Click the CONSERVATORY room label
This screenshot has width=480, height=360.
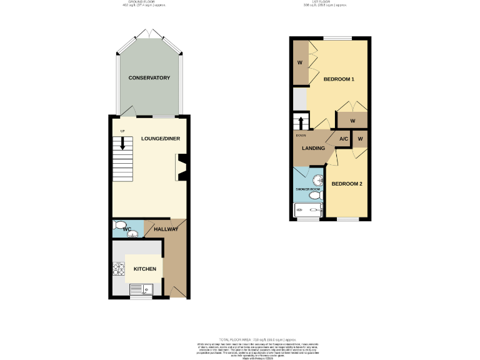pos(149,78)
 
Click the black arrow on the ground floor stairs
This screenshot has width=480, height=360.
pos(123,142)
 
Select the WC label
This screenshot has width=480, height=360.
pos(127,230)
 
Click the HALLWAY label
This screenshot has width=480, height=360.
pos(166,229)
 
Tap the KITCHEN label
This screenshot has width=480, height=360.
pos(144,269)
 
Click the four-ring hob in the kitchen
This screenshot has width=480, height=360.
pos(118,269)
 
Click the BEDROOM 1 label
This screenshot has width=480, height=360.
pos(339,79)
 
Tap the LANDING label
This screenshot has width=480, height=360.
pos(313,148)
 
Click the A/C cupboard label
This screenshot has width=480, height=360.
pos(343,139)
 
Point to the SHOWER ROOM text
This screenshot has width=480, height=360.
pos(308,189)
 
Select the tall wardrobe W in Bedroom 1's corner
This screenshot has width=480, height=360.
pos(299,62)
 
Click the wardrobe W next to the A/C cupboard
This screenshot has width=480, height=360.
pos(360,138)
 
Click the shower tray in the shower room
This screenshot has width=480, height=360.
pos(308,211)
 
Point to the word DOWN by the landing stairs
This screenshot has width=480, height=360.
pos(301,135)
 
